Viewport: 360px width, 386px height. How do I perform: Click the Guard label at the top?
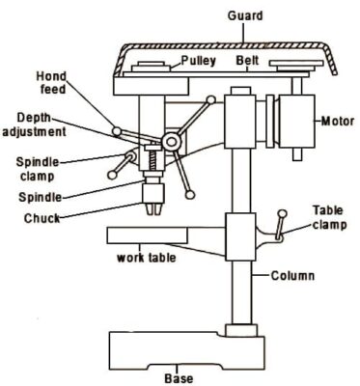point(245,15)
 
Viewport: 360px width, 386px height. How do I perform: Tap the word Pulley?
point(198,61)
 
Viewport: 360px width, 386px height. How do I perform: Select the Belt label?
point(247,61)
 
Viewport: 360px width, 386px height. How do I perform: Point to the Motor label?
point(338,122)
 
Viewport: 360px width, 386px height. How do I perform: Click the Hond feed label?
point(51,83)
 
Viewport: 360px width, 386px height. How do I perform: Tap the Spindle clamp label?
point(38,169)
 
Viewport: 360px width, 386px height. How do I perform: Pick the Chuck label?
point(42,218)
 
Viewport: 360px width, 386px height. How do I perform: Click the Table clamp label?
point(329,218)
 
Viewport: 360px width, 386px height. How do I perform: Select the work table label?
point(146,258)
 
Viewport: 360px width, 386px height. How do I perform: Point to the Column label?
point(292,276)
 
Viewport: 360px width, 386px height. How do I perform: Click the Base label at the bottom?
point(179,378)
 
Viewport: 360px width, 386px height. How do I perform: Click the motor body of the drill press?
point(296,121)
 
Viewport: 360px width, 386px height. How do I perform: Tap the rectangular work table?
point(148,235)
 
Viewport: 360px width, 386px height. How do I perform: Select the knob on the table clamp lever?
point(282,213)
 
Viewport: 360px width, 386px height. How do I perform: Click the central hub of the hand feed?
point(170,142)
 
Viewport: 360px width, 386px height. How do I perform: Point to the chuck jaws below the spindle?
point(153,208)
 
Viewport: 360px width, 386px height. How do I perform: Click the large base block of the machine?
point(186,350)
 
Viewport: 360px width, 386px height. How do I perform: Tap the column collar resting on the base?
point(241,330)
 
